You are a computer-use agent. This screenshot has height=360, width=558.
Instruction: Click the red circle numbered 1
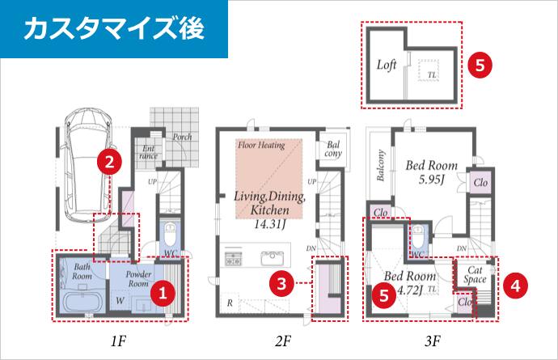[163, 294]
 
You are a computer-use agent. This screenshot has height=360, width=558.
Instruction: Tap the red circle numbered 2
[110, 163]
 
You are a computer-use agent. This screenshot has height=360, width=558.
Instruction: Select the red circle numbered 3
[282, 284]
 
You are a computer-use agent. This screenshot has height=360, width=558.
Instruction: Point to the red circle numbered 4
[516, 286]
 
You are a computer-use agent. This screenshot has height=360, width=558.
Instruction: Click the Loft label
[387, 66]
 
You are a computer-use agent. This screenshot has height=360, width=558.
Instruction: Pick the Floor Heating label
[261, 145]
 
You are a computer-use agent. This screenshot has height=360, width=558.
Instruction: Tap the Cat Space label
[475, 275]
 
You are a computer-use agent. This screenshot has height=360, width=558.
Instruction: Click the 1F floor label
[118, 341]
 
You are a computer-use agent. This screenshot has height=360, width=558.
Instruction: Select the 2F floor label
[283, 341]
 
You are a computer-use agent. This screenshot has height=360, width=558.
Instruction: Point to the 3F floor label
[433, 341]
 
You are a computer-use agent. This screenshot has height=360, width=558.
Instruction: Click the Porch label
[182, 137]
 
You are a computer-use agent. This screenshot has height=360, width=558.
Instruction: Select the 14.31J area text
[270, 224]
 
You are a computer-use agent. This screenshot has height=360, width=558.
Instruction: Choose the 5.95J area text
[431, 180]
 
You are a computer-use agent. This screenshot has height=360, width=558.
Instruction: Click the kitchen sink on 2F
[273, 258]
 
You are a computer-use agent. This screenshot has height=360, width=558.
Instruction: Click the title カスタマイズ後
[114, 28]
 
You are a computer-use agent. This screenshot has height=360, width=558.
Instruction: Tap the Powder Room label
[138, 279]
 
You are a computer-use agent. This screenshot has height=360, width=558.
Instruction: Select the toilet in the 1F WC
[170, 235]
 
